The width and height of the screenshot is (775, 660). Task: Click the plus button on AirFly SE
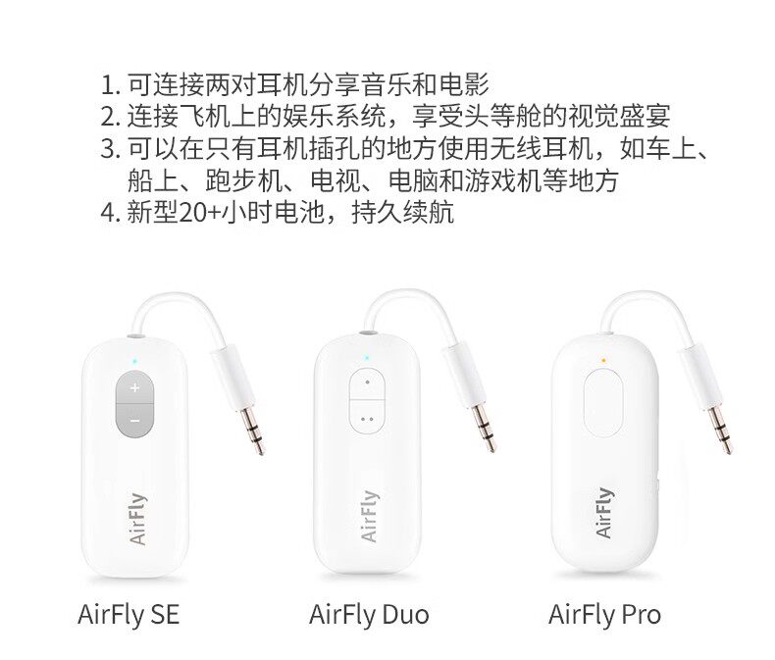[134, 389]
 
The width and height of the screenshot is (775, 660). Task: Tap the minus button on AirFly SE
[134, 420]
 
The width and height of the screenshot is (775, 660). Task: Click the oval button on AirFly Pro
[603, 403]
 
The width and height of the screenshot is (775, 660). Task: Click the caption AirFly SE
[129, 615]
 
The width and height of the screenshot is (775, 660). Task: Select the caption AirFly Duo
[369, 615]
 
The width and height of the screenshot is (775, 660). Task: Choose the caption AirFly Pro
[604, 615]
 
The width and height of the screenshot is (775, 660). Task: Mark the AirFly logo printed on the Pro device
[604, 512]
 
